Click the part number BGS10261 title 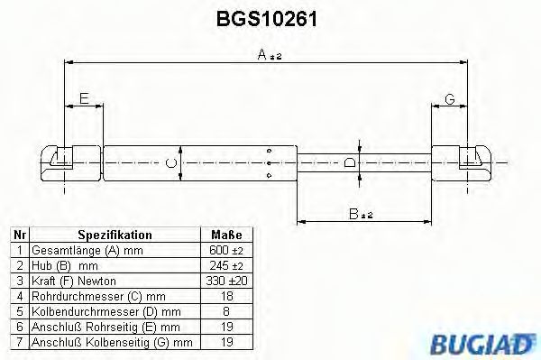269,17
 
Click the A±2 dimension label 270,55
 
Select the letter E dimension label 84,99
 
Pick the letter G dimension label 448,99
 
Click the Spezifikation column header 115,235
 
